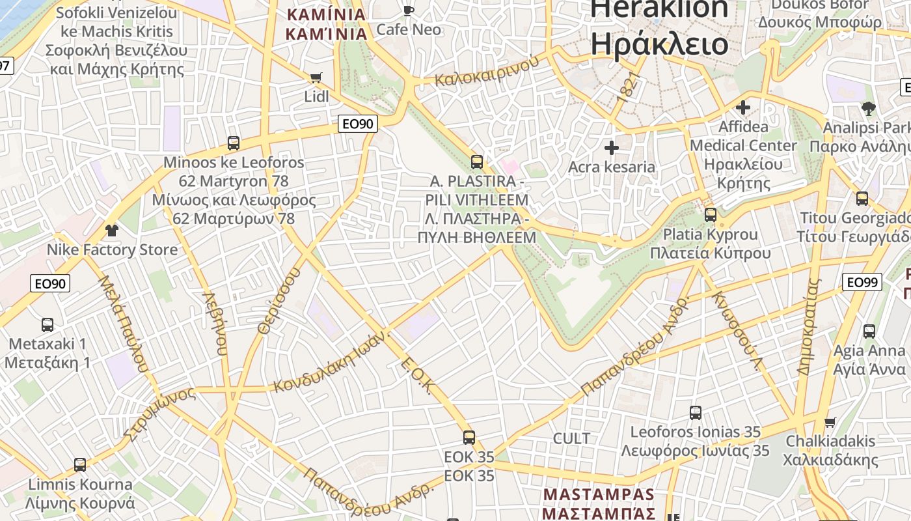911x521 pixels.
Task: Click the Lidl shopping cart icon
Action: tap(316, 78)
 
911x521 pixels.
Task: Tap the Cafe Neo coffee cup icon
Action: tap(408, 10)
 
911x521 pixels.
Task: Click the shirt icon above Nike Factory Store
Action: tap(112, 230)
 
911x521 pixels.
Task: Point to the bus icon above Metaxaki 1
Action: tap(48, 324)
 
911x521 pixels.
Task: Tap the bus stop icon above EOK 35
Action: tap(469, 437)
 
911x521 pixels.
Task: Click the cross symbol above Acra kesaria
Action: tap(611, 148)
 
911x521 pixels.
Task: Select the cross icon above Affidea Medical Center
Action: tap(743, 107)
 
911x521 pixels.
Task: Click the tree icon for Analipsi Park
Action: tap(868, 108)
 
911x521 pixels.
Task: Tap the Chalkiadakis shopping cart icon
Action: tap(830, 422)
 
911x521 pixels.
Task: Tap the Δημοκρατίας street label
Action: tap(809, 327)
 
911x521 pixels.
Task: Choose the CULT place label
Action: tap(571, 438)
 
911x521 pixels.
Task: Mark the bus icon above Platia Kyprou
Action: tap(711, 214)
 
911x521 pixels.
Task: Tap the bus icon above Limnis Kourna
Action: tap(80, 464)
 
